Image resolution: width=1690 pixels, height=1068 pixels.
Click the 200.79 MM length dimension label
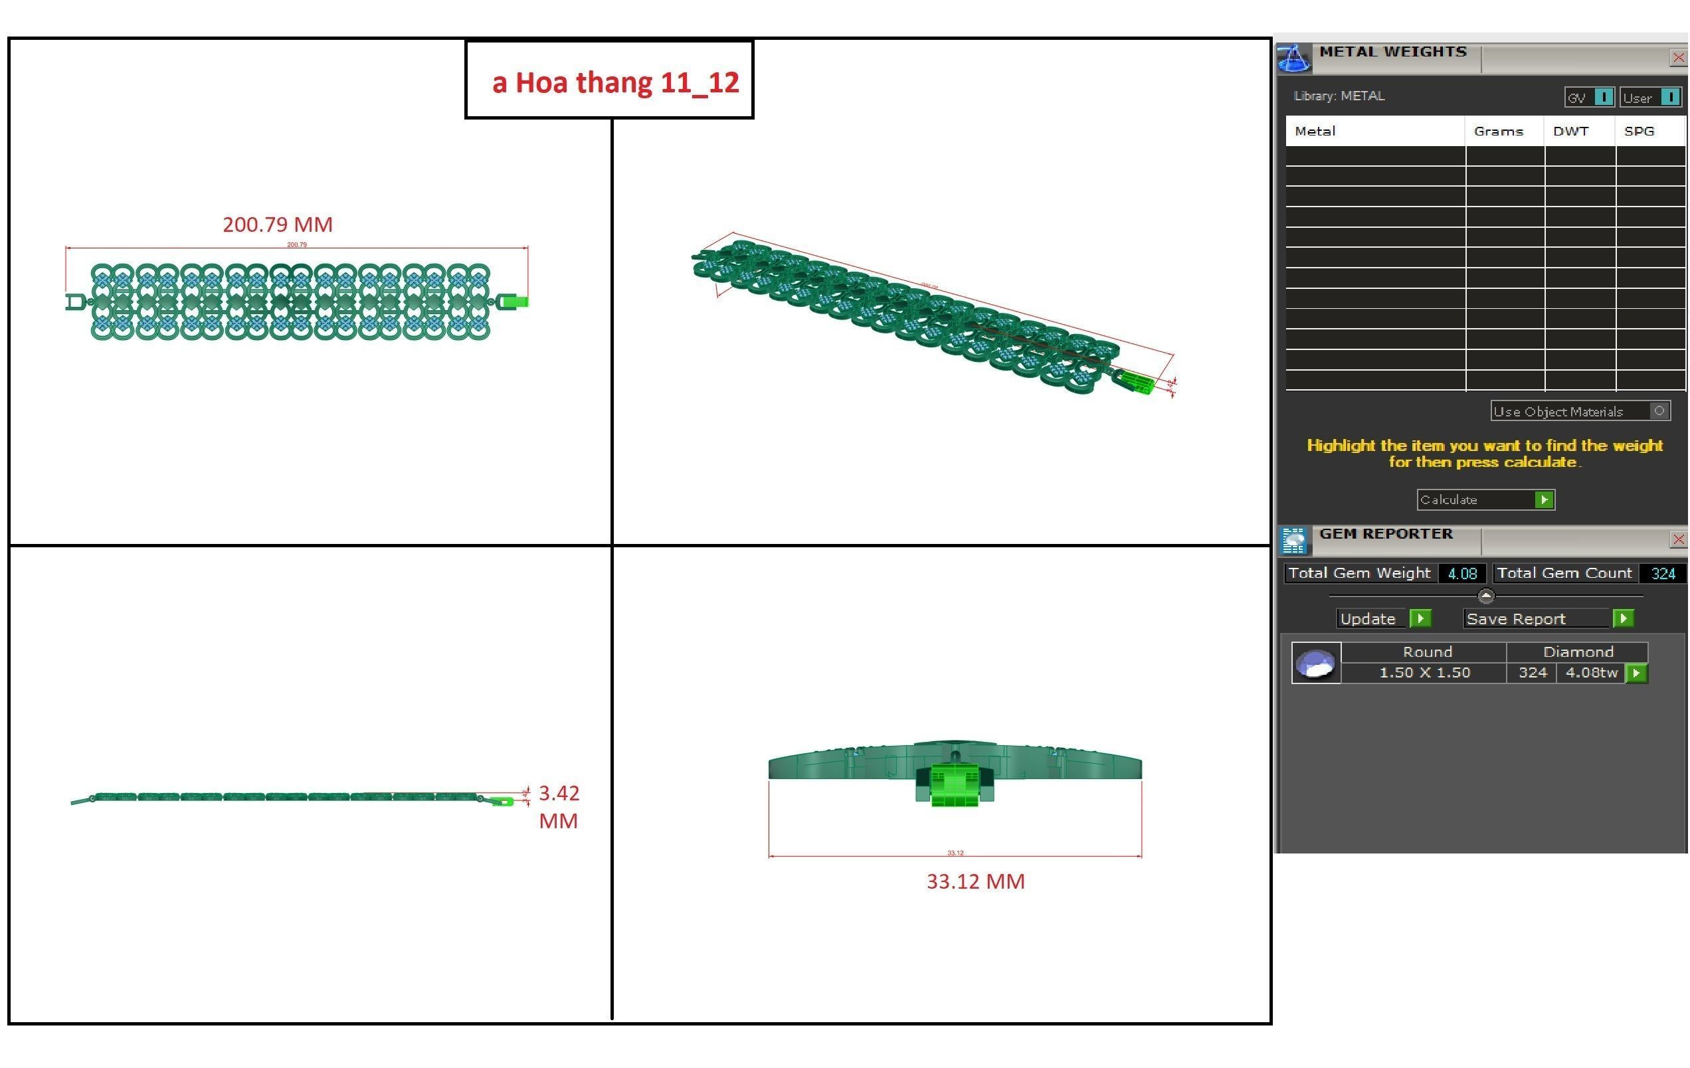tap(277, 224)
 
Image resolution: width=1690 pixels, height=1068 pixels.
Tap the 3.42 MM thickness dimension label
tap(559, 806)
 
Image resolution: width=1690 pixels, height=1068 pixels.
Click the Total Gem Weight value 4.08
tap(1462, 573)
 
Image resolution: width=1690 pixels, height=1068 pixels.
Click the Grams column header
tap(1498, 132)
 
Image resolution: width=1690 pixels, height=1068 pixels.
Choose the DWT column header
tap(1570, 132)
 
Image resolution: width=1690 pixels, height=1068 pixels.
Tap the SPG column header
tap(1639, 132)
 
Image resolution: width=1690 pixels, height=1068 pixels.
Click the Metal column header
tap(1315, 132)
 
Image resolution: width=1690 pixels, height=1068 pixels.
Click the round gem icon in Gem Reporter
tap(1315, 662)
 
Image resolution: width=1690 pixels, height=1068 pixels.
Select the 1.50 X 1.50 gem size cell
tap(1424, 672)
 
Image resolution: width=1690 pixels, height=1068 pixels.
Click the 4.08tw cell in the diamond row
tap(1591, 672)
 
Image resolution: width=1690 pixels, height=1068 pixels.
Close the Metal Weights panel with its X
tap(1678, 58)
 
